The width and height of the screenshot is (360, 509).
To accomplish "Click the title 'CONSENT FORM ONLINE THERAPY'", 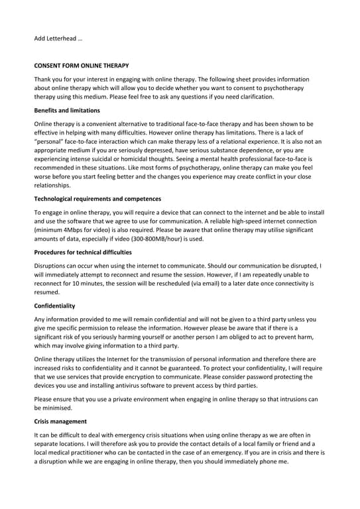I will point(82,66).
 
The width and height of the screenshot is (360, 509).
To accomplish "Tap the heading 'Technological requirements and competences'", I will point(97,199).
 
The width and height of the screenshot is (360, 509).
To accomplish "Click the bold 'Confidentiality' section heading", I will point(54,306).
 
